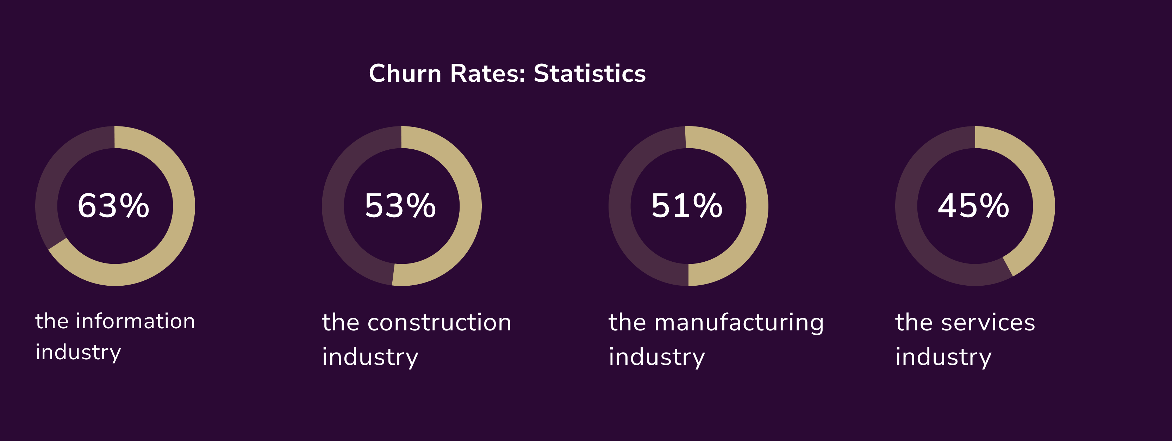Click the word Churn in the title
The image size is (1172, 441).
pos(405,73)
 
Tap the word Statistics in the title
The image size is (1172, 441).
pos(590,73)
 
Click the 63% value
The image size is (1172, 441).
pos(114,206)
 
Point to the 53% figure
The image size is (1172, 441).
pos(400,206)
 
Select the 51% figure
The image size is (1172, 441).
pos(687,206)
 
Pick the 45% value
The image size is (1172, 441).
pos(974,206)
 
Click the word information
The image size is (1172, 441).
pos(136,321)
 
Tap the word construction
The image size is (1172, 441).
pos(440,323)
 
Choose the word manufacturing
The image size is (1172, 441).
pos(739,323)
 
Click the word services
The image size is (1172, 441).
pos(988,323)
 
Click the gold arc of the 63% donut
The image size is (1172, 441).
pos(184,206)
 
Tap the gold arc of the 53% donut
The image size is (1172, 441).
pos(470,206)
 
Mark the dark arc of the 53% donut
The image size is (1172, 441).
pos(333,206)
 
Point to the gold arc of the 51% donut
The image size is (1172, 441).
pos(757,206)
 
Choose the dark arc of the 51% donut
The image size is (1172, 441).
pos(620,206)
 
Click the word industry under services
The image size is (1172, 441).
pos(943,357)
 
